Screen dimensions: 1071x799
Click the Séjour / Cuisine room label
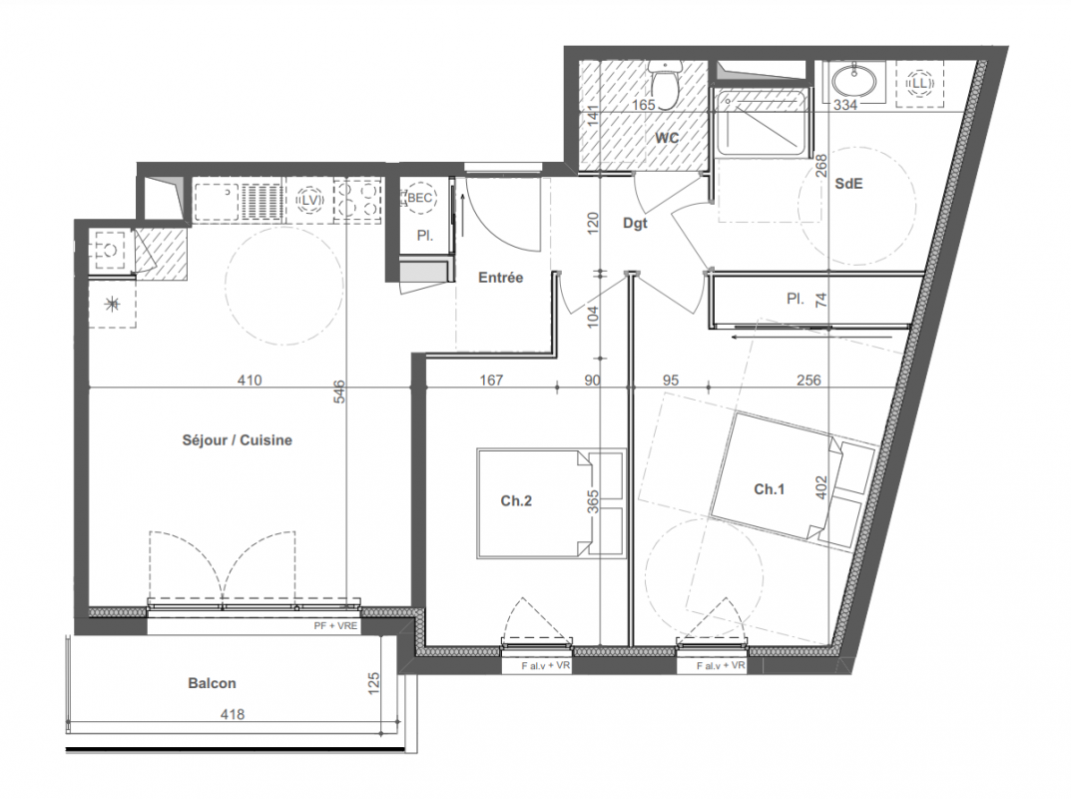tap(237, 440)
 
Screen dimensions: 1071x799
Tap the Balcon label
tap(212, 683)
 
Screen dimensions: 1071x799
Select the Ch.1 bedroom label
tap(770, 488)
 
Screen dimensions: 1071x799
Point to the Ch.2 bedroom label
tap(516, 501)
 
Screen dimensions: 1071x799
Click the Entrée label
tap(501, 278)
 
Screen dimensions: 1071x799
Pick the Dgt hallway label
tap(635, 224)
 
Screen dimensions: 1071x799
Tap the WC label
tap(668, 138)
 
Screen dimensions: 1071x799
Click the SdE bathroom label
tap(849, 183)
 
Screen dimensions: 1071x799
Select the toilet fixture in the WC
tap(665, 79)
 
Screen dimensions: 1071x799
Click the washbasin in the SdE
tap(853, 81)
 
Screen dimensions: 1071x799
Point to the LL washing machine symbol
tap(919, 83)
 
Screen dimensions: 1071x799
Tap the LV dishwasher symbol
tap(310, 201)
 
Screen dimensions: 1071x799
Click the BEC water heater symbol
tap(419, 198)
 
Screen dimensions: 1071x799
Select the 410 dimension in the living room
tap(249, 380)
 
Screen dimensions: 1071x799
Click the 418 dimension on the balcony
tap(233, 714)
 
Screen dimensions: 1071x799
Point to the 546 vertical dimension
tap(338, 392)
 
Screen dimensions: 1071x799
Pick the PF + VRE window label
tap(335, 625)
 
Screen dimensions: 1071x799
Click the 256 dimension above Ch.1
tap(808, 380)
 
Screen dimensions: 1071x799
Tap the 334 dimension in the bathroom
tap(844, 105)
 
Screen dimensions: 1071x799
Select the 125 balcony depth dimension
tap(373, 684)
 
